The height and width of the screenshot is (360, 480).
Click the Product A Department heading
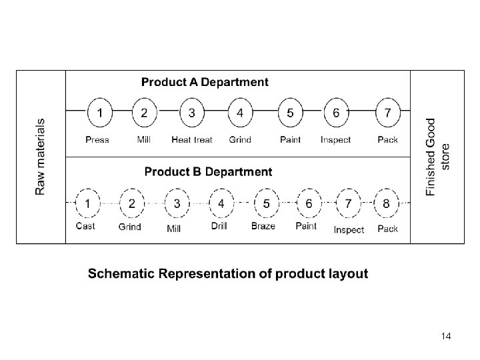205,83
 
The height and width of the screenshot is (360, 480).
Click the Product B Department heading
208,172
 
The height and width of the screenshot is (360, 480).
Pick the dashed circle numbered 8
387,203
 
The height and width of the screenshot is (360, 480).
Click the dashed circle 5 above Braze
267,203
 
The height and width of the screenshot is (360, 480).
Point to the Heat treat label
192,140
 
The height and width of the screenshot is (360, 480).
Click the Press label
97,140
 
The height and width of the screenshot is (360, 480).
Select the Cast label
85,226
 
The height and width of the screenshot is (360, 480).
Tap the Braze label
263,226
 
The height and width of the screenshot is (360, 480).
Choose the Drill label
219,226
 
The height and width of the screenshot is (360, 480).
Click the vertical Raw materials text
41,157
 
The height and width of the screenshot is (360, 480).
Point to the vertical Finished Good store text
438,157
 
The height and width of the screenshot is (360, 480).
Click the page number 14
446,337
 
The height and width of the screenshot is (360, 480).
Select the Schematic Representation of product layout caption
228,274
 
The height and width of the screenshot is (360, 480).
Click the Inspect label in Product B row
349,230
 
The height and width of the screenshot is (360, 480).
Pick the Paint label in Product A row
290,140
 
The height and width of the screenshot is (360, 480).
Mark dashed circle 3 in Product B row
177,203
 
